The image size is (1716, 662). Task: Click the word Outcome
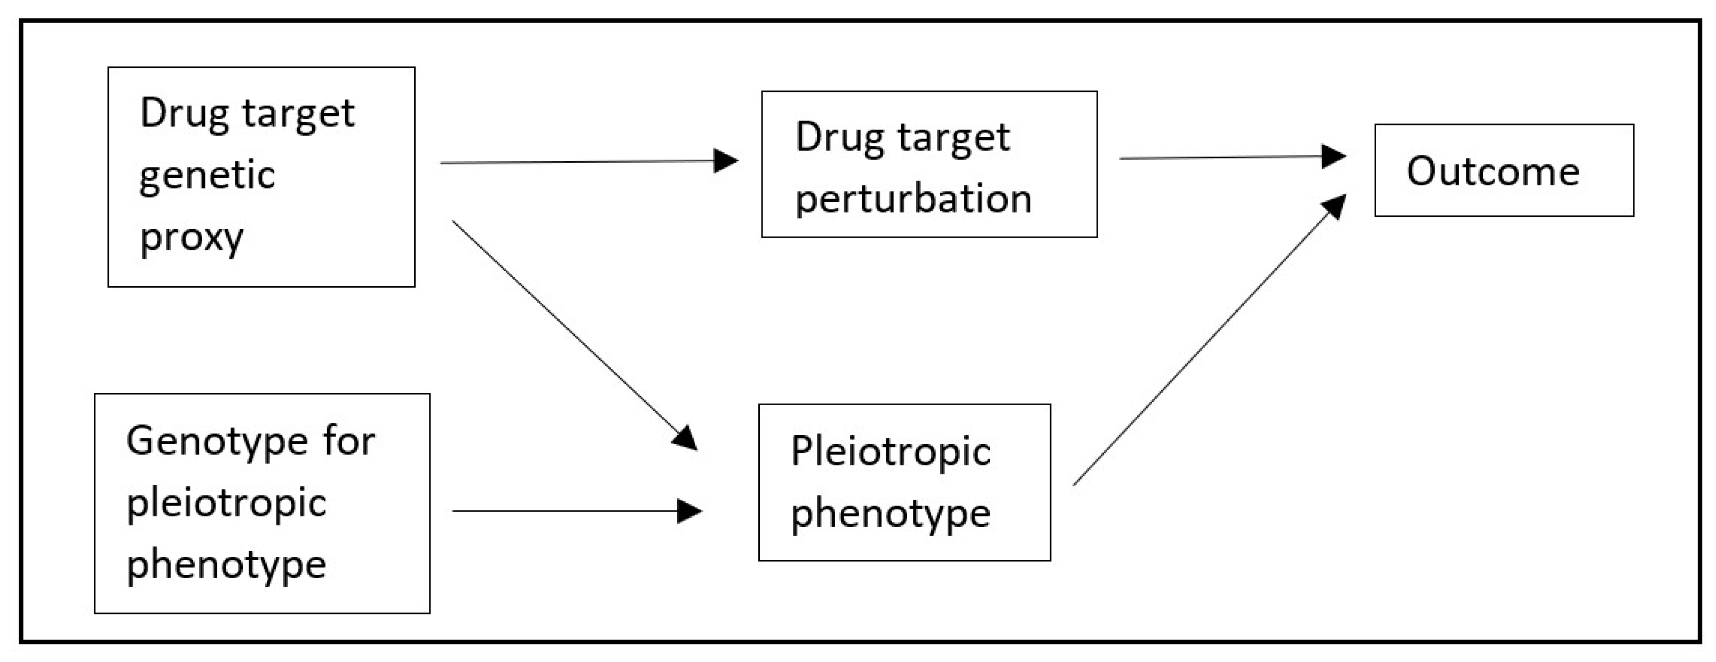coord(1492,171)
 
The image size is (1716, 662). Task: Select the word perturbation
coord(913,199)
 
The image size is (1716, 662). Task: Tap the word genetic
coord(207,175)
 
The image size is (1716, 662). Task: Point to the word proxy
coord(191,238)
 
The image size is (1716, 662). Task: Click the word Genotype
coord(217,442)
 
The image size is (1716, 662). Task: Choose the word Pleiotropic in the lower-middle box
coord(891,453)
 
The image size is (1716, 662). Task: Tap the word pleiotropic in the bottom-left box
coord(226,503)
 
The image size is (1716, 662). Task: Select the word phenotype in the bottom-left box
coord(226,566)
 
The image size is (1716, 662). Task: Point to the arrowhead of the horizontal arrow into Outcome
coord(1333,156)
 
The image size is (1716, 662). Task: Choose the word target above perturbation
coord(954,138)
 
